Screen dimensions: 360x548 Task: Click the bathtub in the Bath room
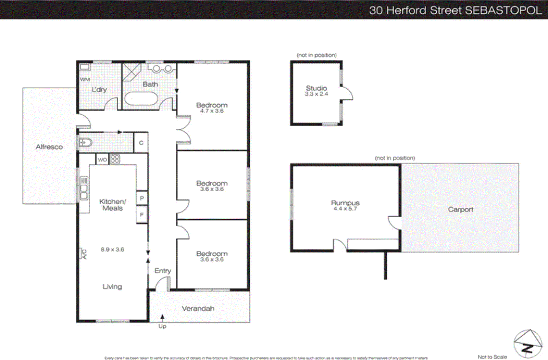tap(141, 99)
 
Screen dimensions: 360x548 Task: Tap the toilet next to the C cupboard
tap(85, 142)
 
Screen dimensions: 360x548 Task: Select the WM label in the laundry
tap(85, 79)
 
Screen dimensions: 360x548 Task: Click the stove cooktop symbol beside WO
tap(115, 159)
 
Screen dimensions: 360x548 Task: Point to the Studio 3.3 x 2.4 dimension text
tap(316, 94)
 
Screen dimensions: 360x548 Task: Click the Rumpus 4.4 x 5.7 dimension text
tap(345, 209)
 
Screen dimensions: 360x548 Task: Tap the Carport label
tap(460, 209)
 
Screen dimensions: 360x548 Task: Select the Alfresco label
tap(49, 147)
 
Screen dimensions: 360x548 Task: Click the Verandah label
tap(198, 308)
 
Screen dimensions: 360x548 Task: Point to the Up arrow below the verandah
tap(162, 318)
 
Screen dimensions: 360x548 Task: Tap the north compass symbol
tap(528, 344)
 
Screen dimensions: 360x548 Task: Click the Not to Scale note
tap(492, 357)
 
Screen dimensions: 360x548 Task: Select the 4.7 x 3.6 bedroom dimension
tap(212, 111)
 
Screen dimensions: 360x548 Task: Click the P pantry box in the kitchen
tap(142, 198)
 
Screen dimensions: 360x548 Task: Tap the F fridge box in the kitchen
tap(142, 215)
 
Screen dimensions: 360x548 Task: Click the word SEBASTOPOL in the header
tap(503, 10)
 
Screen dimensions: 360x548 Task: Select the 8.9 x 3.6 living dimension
tap(112, 249)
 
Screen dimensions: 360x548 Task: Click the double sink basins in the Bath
tap(162, 69)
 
